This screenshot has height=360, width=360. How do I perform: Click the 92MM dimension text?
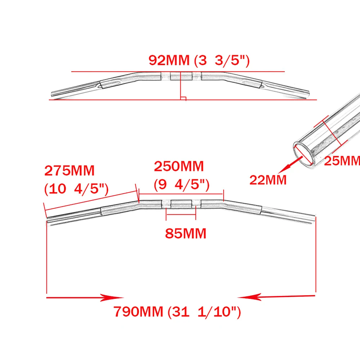coord(169,60)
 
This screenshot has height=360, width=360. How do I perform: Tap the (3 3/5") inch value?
coord(222,61)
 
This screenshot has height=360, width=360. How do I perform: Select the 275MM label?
coord(69,171)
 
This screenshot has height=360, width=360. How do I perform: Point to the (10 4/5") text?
coord(76,189)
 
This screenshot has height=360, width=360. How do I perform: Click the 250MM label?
coord(179,166)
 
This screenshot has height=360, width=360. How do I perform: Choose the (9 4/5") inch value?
coord(181,185)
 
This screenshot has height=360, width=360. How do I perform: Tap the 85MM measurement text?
coord(186,234)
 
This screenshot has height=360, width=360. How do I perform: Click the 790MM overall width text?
coord(139,311)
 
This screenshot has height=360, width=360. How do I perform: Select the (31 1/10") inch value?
coord(204,312)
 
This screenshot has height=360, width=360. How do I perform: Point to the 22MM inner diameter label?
coord(268,180)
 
